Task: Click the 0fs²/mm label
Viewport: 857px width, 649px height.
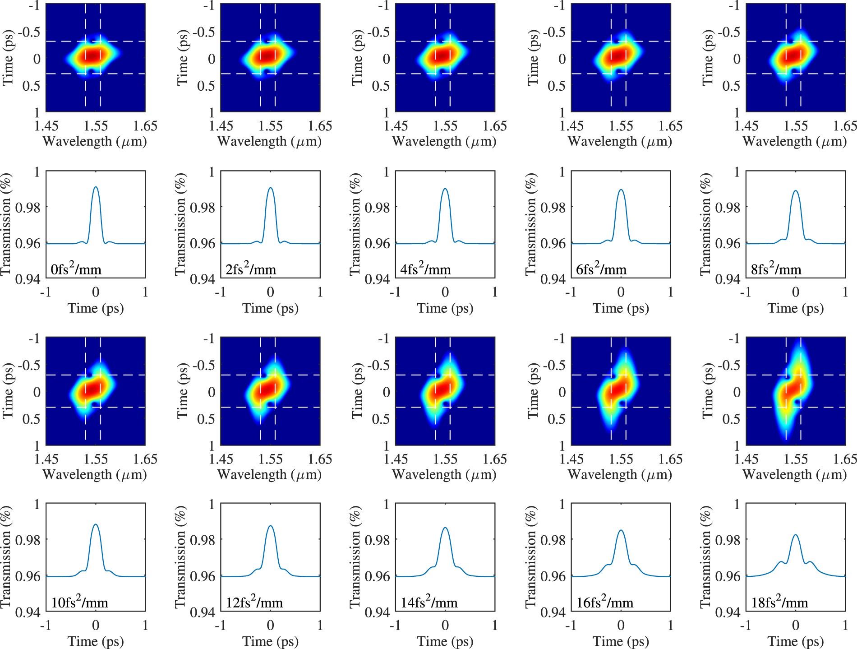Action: [x=76, y=269]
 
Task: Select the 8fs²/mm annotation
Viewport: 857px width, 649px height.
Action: [x=776, y=269]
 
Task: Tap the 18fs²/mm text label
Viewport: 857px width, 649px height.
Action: [x=779, y=603]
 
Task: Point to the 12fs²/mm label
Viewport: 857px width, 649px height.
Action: [x=254, y=603]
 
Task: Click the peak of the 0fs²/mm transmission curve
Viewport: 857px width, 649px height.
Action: [x=96, y=187]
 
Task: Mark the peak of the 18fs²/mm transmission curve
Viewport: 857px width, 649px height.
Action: [x=796, y=535]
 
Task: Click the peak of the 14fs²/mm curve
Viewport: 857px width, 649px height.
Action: [x=445, y=528]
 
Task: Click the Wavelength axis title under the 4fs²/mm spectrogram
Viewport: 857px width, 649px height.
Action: [x=444, y=141]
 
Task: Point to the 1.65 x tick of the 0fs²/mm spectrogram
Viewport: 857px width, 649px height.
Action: [x=145, y=126]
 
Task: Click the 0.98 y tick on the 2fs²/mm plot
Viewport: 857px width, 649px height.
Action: [x=203, y=208]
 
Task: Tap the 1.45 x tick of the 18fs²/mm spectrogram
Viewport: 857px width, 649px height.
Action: [x=746, y=459]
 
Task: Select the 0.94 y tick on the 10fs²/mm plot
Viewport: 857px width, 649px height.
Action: [x=28, y=612]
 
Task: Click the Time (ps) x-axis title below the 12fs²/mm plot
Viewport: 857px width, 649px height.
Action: [x=270, y=641]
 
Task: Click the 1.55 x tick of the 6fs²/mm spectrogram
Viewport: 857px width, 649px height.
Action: [x=621, y=126]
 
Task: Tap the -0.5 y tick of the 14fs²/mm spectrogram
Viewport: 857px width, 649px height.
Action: [x=379, y=365]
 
